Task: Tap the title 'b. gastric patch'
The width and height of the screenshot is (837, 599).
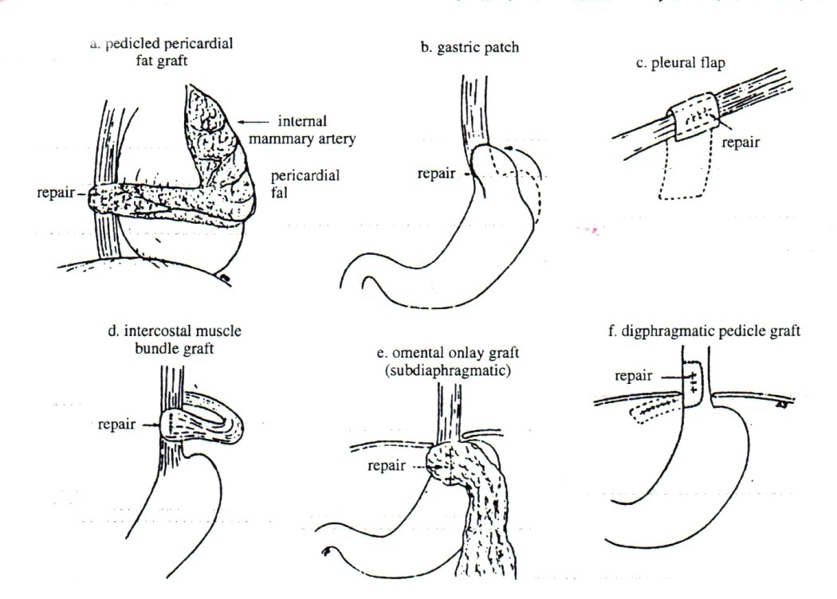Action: (470, 48)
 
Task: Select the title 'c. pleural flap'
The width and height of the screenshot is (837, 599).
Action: (680, 65)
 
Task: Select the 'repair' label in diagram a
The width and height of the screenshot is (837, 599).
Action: (63, 193)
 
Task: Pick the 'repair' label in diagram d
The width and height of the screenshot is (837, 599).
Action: (116, 425)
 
